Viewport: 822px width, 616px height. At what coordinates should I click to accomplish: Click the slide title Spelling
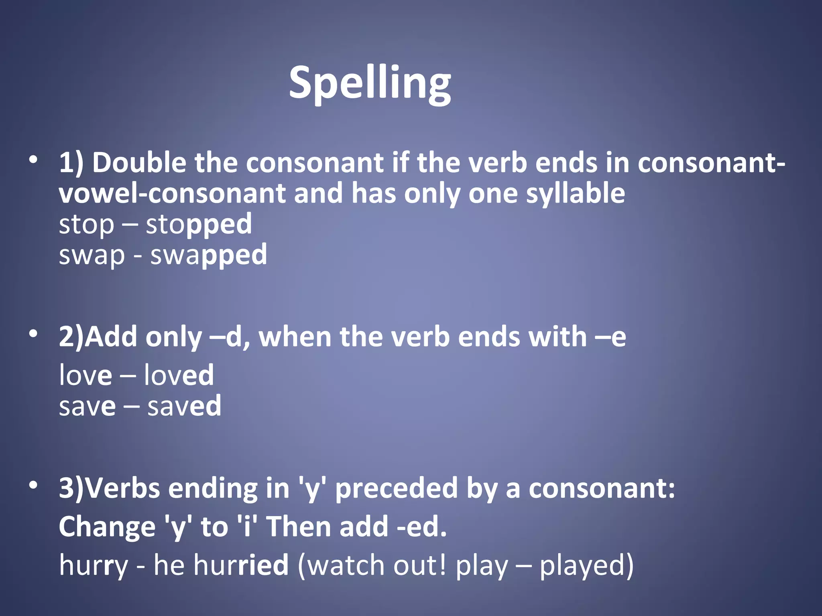coord(370,83)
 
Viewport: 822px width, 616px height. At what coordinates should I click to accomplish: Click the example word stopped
coord(199,225)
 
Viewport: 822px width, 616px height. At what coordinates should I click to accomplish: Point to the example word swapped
coord(208,255)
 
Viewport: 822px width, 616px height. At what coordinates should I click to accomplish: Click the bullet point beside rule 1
coord(33,160)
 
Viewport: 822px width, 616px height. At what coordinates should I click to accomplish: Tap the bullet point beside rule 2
coord(33,333)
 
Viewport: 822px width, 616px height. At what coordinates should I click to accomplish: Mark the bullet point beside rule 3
coord(33,485)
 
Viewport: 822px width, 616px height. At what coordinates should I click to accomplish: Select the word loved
coord(179,375)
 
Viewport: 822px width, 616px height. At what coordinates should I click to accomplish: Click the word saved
coord(184,406)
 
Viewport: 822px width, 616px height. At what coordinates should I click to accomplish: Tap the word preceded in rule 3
coord(396,489)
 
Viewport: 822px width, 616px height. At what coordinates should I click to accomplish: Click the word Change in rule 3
coord(107,527)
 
